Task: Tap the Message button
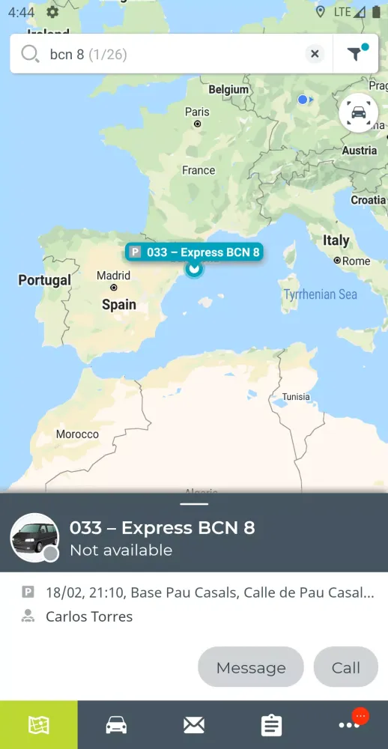point(251,667)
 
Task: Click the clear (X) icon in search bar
point(315,54)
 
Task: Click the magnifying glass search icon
point(30,54)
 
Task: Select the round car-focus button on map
point(358,114)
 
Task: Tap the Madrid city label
point(113,276)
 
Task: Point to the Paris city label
point(198,112)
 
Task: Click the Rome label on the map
point(356,261)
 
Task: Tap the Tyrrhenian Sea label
point(320,294)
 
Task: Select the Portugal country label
point(44,280)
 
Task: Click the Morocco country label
point(77,434)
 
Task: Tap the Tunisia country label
point(295,397)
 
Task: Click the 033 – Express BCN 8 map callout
point(194,252)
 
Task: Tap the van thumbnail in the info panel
point(34,537)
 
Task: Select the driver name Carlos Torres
point(89,616)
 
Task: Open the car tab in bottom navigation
point(116,725)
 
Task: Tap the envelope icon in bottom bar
point(194,725)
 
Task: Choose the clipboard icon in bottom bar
point(271,725)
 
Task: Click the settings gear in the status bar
point(52,11)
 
